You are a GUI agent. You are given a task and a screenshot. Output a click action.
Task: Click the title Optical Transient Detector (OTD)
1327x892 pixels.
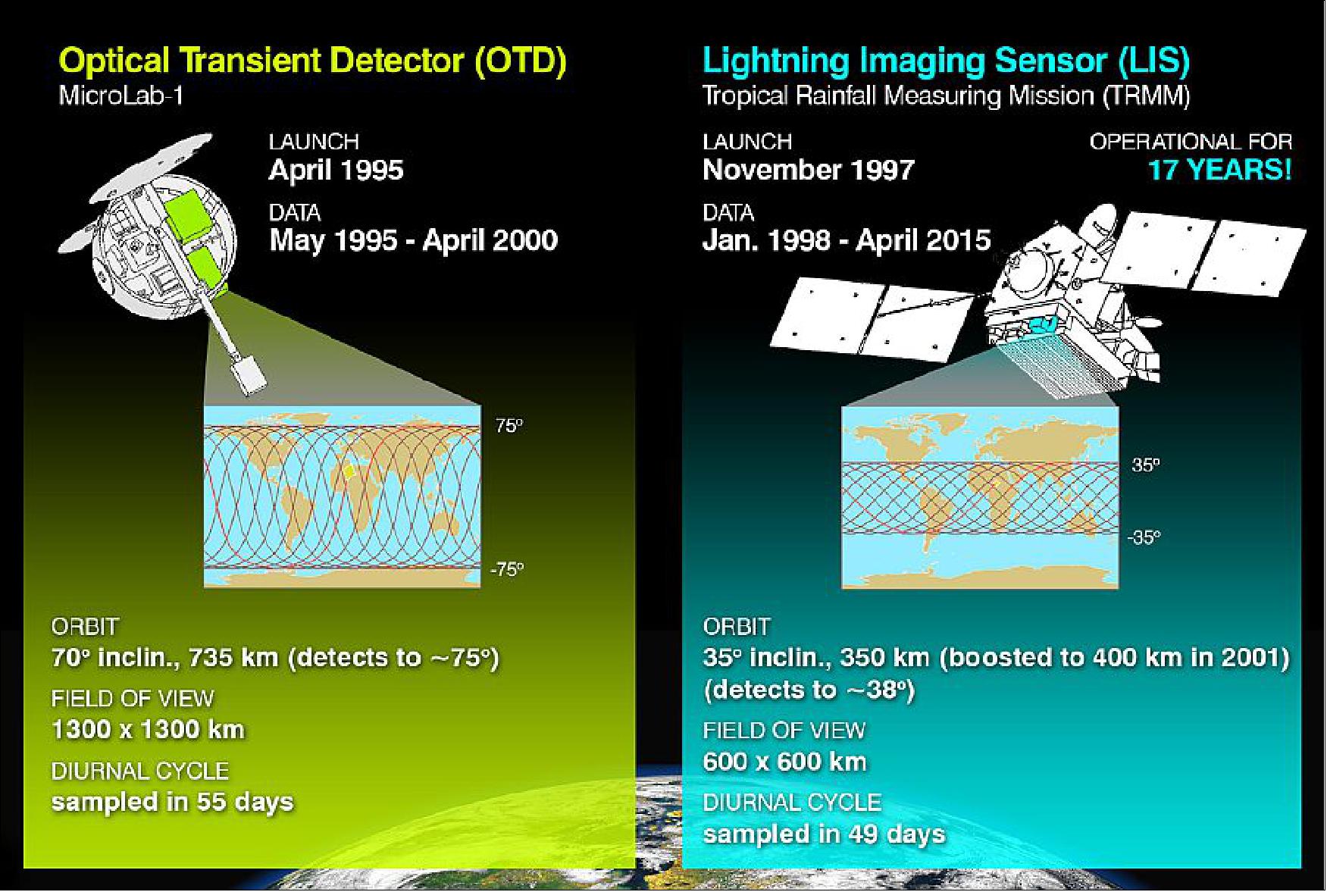[312, 61]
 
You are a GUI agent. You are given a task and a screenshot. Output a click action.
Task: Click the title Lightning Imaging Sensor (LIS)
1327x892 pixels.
[946, 61]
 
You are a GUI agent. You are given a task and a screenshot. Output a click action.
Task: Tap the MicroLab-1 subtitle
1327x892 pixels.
[120, 96]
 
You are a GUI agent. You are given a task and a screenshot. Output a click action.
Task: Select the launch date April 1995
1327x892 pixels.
[336, 170]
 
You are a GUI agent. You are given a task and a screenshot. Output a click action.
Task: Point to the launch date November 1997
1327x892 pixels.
[808, 170]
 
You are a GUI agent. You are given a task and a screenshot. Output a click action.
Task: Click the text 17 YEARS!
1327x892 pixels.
[1219, 170]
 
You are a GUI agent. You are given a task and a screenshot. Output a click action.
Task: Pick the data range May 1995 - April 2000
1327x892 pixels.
[413, 240]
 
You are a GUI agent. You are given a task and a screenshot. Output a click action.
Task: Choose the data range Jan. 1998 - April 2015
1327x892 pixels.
[846, 240]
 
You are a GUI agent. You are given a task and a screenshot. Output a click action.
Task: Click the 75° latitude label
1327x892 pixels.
[509, 426]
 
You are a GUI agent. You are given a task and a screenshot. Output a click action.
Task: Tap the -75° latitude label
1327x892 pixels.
[506, 569]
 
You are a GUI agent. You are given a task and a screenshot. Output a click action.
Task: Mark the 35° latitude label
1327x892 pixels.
[1145, 465]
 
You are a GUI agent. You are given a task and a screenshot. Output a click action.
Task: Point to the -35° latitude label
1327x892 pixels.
[1143, 537]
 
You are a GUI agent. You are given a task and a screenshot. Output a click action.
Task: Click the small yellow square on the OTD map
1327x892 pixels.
[348, 471]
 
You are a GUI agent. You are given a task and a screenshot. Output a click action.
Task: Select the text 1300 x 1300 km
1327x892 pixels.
[148, 729]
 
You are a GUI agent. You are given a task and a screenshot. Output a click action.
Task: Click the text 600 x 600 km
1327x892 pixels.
[784, 761]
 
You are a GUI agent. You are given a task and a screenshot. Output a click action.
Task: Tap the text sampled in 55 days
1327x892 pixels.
[172, 802]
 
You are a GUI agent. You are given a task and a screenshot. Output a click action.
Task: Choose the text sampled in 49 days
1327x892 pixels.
[824, 834]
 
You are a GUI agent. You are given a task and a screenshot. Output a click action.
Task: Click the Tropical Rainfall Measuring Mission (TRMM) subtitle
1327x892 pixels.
[946, 96]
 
